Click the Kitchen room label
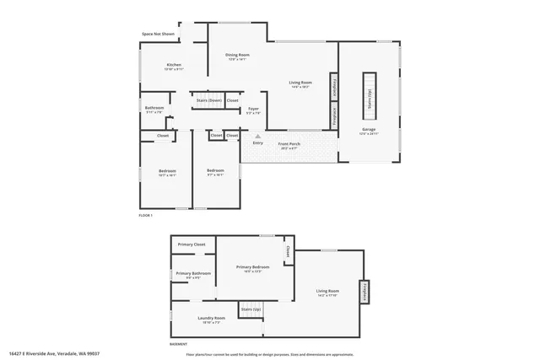click(x=174, y=65)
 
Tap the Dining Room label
click(x=237, y=56)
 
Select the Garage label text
click(x=369, y=130)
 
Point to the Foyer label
click(x=253, y=109)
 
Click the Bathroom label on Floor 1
click(x=154, y=108)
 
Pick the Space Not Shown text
click(x=158, y=35)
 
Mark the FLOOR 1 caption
click(x=146, y=216)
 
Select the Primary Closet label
click(x=192, y=244)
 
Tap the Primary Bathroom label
click(x=193, y=273)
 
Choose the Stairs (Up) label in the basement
click(x=251, y=309)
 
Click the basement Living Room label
click(x=327, y=292)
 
